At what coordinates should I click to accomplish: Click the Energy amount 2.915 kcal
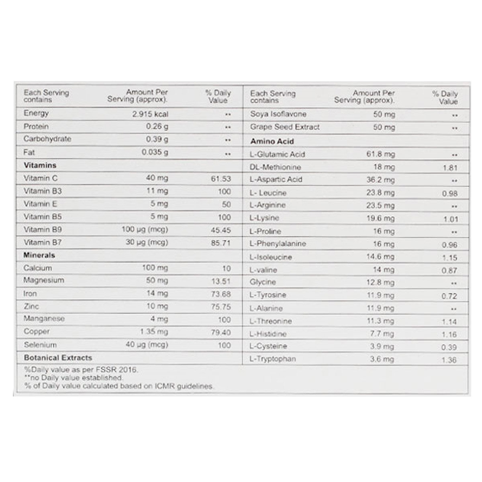(x=150, y=114)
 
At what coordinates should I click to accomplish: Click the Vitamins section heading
(x=40, y=165)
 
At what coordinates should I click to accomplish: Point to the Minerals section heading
(x=39, y=255)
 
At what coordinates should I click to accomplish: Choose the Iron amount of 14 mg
(x=157, y=294)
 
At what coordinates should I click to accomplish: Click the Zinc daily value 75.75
(x=221, y=307)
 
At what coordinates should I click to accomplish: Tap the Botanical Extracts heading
(x=58, y=357)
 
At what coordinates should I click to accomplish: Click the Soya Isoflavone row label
(x=278, y=114)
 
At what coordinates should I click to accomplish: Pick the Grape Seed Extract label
(x=285, y=127)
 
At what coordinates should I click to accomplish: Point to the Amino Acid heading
(x=272, y=141)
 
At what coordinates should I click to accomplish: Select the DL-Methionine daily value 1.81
(x=450, y=167)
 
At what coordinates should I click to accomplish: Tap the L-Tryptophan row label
(x=273, y=359)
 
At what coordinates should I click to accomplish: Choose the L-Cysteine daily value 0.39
(x=449, y=347)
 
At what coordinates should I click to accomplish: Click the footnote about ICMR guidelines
(x=119, y=386)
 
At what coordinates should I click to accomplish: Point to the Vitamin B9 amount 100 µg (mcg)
(x=145, y=230)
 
